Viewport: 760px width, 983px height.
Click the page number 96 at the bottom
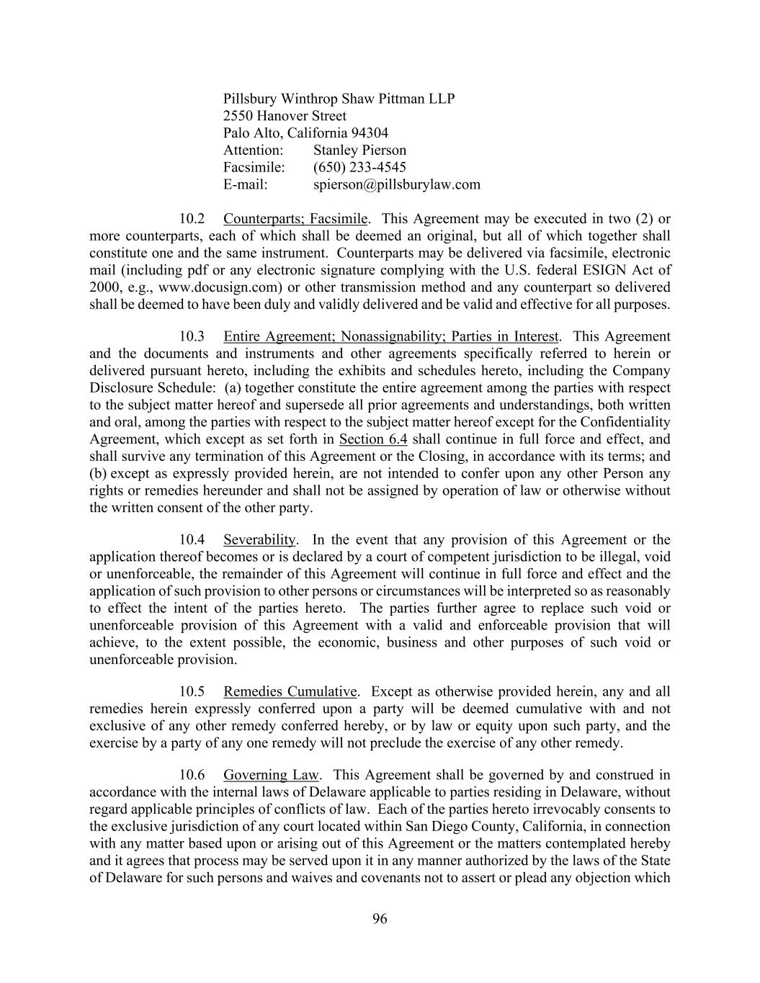pyautogui.click(x=380, y=918)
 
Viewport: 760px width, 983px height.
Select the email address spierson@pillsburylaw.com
pyautogui.click(x=396, y=184)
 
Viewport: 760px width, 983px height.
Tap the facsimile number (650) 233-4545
pyautogui.click(x=359, y=167)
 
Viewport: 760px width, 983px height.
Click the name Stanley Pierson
pyautogui.click(x=359, y=150)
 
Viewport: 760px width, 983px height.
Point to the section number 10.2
pyautogui.click(x=192, y=218)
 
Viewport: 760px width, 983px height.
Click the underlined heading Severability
pyautogui.click(x=259, y=539)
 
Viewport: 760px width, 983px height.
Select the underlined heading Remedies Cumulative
pyautogui.click(x=290, y=691)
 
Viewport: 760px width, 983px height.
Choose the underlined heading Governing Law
pyautogui.click(x=271, y=775)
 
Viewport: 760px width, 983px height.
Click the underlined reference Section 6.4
pyautogui.click(x=373, y=439)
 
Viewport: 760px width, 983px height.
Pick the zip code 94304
pyautogui.click(x=370, y=133)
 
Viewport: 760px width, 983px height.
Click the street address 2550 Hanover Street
pyautogui.click(x=285, y=115)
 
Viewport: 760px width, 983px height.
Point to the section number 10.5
pyautogui.click(x=192, y=691)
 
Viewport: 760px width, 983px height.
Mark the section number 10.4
pyautogui.click(x=192, y=539)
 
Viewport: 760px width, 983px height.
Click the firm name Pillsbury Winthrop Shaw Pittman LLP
pyautogui.click(x=339, y=98)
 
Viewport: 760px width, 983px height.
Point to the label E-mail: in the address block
pyautogui.click(x=245, y=184)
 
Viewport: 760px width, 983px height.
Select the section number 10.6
pyautogui.click(x=192, y=775)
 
